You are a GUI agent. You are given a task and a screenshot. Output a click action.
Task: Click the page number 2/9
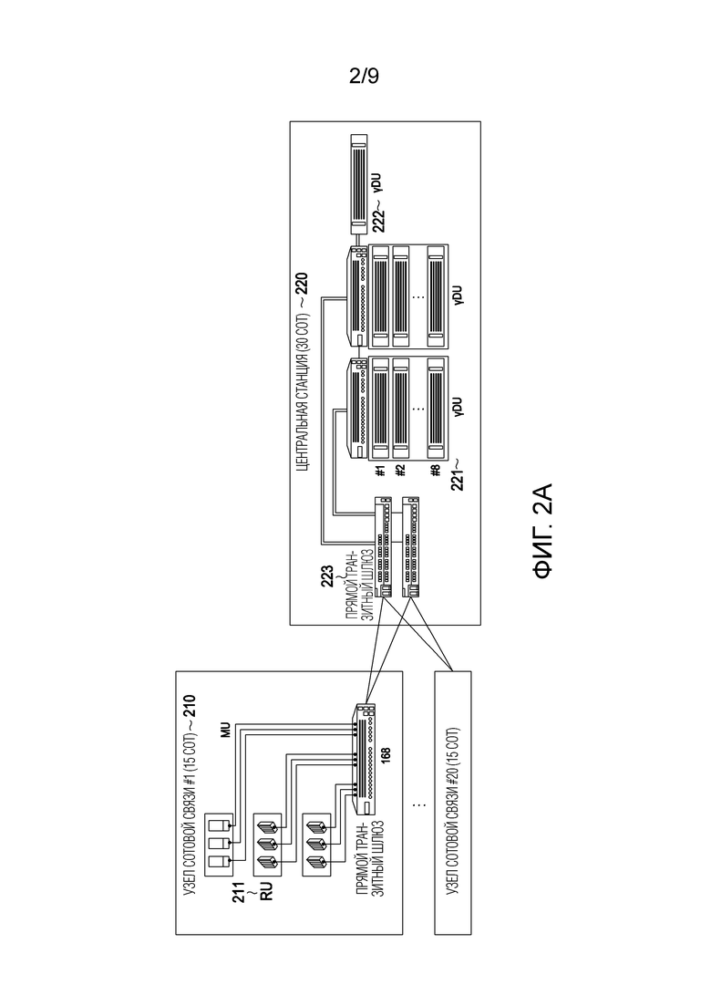pyautogui.click(x=364, y=77)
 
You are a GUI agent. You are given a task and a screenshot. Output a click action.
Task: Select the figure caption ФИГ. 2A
pyautogui.click(x=541, y=532)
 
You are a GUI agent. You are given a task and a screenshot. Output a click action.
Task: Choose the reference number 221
pyautogui.click(x=457, y=477)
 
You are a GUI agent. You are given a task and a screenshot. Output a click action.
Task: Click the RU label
pyautogui.click(x=267, y=890)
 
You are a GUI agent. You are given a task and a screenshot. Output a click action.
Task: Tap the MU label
pyautogui.click(x=225, y=731)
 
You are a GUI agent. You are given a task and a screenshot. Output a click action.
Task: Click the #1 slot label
pyautogui.click(x=380, y=472)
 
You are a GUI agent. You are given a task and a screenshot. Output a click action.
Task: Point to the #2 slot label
pyautogui.click(x=401, y=472)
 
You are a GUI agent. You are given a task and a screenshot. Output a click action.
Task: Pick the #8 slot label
pyautogui.click(x=436, y=472)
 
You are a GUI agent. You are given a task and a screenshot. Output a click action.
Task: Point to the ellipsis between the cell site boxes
pyautogui.click(x=418, y=804)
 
